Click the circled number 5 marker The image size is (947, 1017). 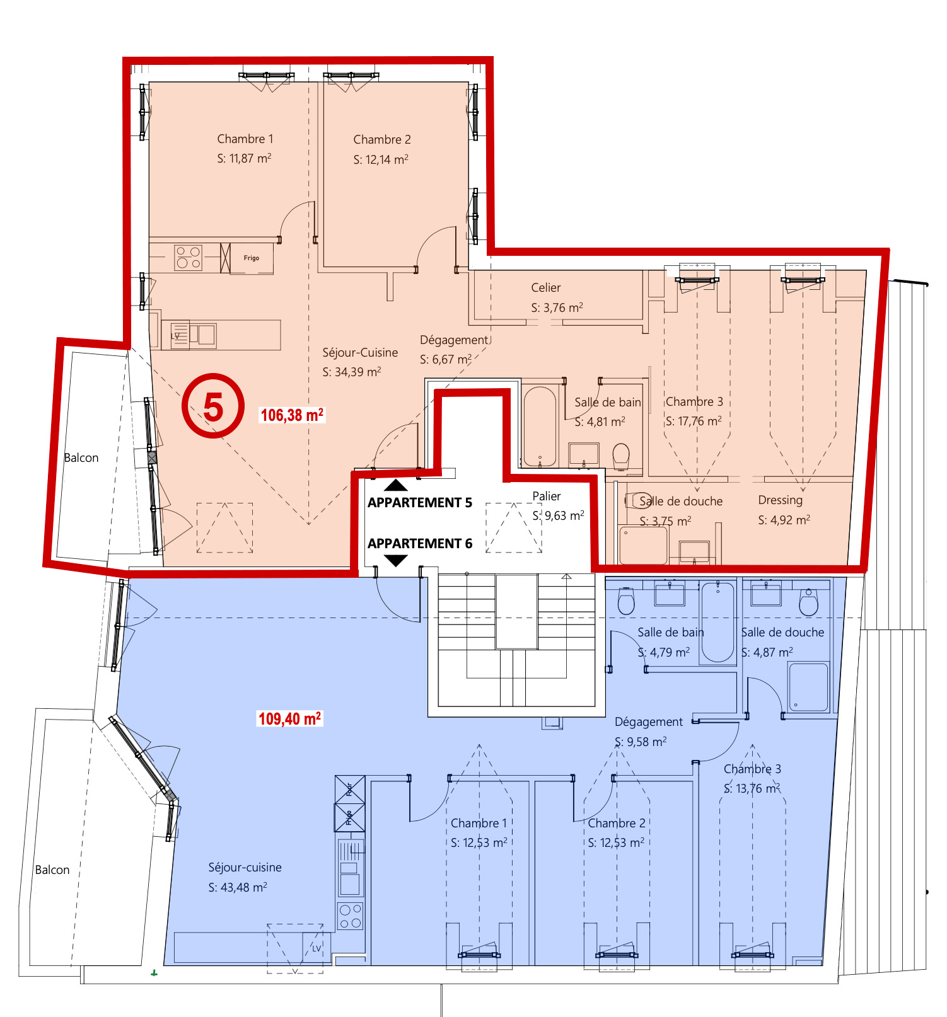click(x=213, y=406)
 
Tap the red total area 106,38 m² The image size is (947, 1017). click(x=292, y=415)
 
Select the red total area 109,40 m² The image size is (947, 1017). click(x=289, y=719)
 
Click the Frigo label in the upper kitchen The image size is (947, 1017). click(x=252, y=258)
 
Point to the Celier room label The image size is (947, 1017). click(x=545, y=288)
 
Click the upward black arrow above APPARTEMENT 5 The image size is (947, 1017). click(x=396, y=485)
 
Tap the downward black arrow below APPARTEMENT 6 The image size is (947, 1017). click(x=396, y=560)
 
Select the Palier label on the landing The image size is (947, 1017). click(x=546, y=497)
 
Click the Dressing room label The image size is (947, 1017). click(x=780, y=500)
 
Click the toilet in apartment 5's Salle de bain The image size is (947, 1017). click(x=621, y=455)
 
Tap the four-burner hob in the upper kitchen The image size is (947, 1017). click(x=188, y=258)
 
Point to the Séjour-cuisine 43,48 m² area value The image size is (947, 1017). click(x=238, y=887)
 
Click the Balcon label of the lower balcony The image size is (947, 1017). click(x=52, y=870)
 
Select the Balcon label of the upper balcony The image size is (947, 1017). click(x=81, y=458)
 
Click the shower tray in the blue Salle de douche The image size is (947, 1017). click(x=808, y=687)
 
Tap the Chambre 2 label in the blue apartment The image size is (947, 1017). click(x=616, y=824)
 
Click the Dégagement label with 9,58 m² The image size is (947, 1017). click(x=648, y=722)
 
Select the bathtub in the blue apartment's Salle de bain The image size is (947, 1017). click(x=718, y=621)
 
